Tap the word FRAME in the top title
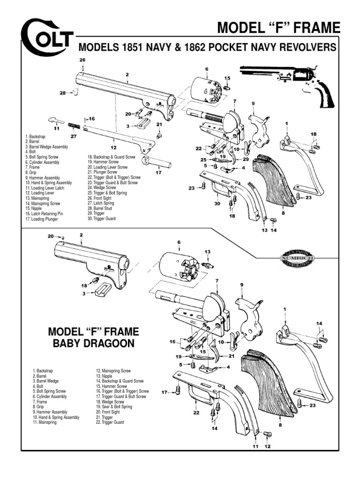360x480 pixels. click(314, 28)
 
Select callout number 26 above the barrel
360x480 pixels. click(82, 60)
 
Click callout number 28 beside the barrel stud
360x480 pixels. click(62, 93)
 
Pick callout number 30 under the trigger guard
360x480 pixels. click(216, 204)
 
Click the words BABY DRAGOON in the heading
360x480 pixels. click(94, 344)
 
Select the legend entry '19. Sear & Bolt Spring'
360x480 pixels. click(116, 407)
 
